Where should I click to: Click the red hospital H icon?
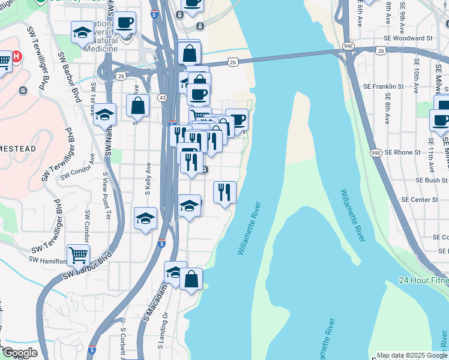tap(17, 56)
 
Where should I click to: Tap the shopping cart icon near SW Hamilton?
tap(78, 254)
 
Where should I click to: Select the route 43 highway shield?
tap(162, 97)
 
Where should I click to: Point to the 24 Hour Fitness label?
tap(424, 280)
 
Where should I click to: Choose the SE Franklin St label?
tap(385, 86)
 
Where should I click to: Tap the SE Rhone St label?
tap(403, 152)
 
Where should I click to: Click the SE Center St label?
tap(420, 199)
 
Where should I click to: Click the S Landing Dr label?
tap(160, 331)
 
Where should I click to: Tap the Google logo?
tap(19, 353)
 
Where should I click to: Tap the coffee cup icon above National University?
tap(125, 23)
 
